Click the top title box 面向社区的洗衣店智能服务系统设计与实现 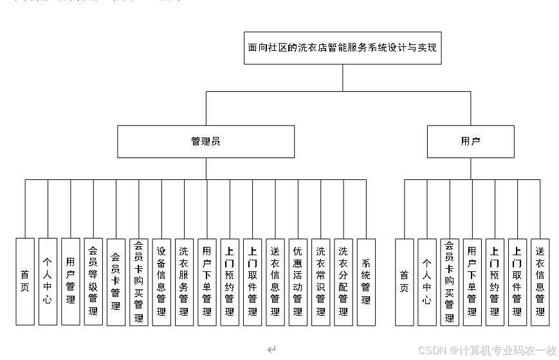[343, 48]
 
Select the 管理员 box [206, 141]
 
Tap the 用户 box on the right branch [470, 141]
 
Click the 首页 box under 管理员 [24, 281]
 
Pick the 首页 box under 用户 [404, 281]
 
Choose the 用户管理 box [70, 281]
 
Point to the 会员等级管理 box [93, 281]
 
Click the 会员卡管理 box [116, 281]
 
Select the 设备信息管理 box [161, 281]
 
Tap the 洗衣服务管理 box [184, 281]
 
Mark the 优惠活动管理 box [298, 281]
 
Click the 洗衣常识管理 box [320, 281]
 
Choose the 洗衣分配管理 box [344, 281]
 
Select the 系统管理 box [366, 281]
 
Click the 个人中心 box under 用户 [426, 281]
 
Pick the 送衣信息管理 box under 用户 [540, 281]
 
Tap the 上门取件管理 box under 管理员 [252, 281]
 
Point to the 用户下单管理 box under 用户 [472, 281]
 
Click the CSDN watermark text [487, 350]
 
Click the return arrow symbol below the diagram [271, 350]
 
